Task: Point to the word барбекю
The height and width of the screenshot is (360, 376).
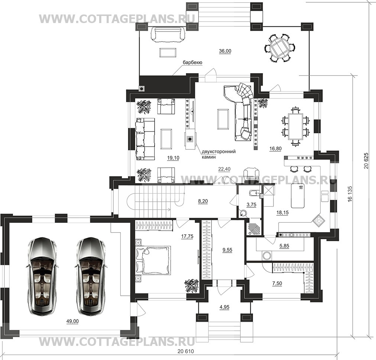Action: [x=192, y=62]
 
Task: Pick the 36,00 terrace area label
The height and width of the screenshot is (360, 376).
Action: [x=225, y=51]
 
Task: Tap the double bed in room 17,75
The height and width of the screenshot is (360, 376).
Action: [x=153, y=259]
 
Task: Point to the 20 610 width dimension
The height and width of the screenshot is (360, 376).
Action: [x=186, y=351]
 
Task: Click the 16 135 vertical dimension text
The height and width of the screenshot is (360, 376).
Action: [x=350, y=193]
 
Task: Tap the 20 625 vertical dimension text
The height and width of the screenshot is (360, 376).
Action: [x=366, y=160]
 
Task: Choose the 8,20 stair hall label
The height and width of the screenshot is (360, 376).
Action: [x=203, y=201]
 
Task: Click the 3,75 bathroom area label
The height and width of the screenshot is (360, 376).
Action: [x=251, y=205]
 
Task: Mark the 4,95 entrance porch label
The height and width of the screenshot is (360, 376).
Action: [x=224, y=307]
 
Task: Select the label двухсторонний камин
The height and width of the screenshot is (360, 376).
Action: [x=218, y=154]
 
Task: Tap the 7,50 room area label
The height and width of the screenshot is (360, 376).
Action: [x=277, y=283]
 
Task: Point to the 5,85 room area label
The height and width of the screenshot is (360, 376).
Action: [x=284, y=246]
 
